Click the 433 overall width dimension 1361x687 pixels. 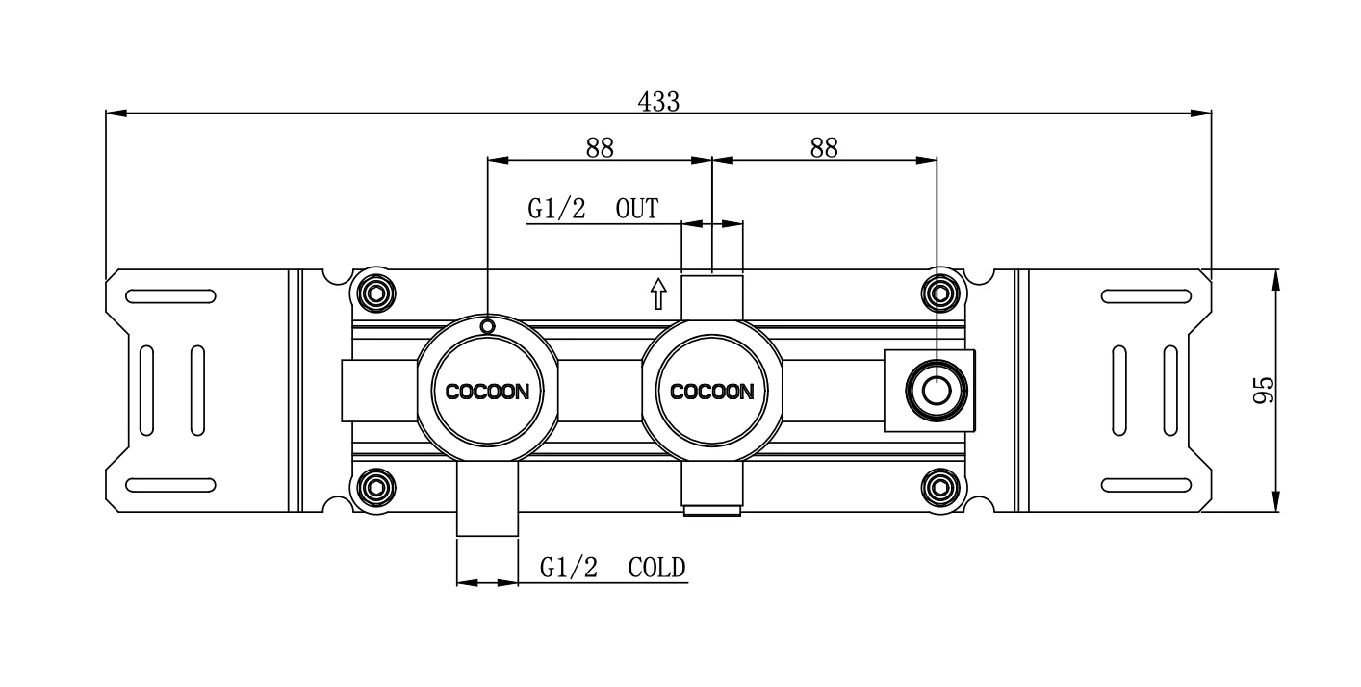click(658, 101)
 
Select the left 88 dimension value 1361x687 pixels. click(599, 147)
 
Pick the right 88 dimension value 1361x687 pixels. click(824, 147)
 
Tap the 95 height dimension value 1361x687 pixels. click(1264, 391)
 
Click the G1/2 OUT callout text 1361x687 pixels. click(593, 209)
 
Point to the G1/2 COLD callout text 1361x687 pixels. click(612, 568)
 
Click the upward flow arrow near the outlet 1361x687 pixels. click(658, 293)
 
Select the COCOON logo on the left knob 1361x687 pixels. click(487, 392)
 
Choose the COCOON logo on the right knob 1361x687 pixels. click(711, 392)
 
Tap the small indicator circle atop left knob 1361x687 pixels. click(488, 327)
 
